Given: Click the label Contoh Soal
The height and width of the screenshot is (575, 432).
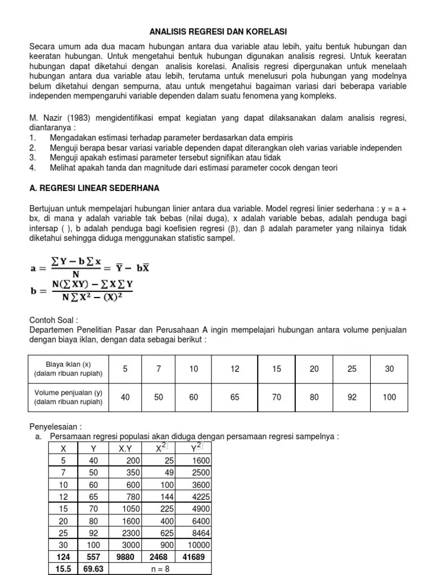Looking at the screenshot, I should tap(52, 320).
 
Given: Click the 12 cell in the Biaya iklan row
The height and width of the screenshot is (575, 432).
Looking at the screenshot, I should tap(235, 369).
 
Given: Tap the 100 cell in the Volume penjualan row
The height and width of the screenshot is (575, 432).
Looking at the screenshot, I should tap(389, 397).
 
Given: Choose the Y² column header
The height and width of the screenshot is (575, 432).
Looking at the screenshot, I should tap(194, 448).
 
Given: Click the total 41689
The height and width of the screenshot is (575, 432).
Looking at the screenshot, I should tap(195, 556).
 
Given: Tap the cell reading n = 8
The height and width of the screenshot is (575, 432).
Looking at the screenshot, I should tap(160, 568).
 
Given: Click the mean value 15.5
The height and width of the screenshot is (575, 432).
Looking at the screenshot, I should tap(63, 568).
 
